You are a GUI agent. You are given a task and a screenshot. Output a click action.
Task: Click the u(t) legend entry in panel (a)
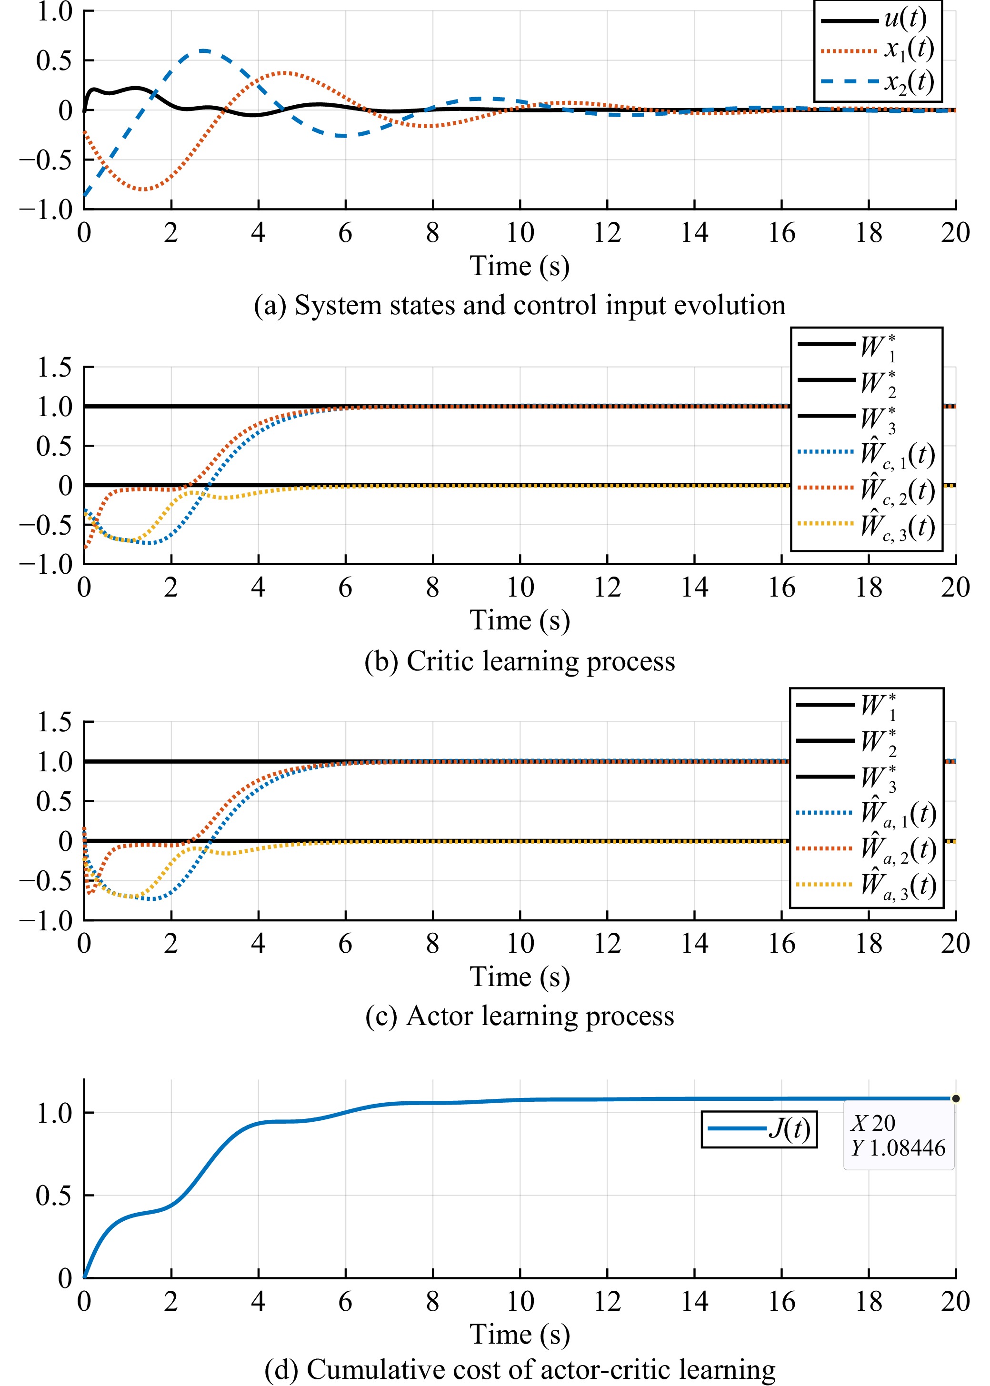(878, 20)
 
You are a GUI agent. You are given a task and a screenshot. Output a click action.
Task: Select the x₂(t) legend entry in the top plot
(878, 81)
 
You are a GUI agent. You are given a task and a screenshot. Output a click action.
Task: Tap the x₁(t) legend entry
(878, 50)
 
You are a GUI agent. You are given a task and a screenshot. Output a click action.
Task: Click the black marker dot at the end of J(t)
(955, 1098)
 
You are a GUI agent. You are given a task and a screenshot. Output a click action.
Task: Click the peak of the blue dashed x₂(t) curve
(204, 50)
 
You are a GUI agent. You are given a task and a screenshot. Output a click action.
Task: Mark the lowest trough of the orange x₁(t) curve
(142, 189)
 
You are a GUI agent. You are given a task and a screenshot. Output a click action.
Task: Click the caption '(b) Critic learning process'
(520, 661)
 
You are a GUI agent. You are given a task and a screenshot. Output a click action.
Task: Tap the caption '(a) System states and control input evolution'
(520, 305)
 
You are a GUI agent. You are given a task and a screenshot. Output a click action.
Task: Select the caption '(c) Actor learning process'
(520, 1016)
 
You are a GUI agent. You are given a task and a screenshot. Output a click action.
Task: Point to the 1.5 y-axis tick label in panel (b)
(54, 368)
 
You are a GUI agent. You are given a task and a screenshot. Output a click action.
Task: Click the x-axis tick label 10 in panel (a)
(520, 233)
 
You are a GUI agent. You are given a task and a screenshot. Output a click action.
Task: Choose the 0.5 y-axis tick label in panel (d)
(54, 1195)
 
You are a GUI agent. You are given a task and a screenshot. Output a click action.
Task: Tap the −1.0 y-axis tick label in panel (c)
(46, 920)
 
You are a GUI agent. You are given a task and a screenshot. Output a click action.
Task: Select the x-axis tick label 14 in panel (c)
(694, 944)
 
